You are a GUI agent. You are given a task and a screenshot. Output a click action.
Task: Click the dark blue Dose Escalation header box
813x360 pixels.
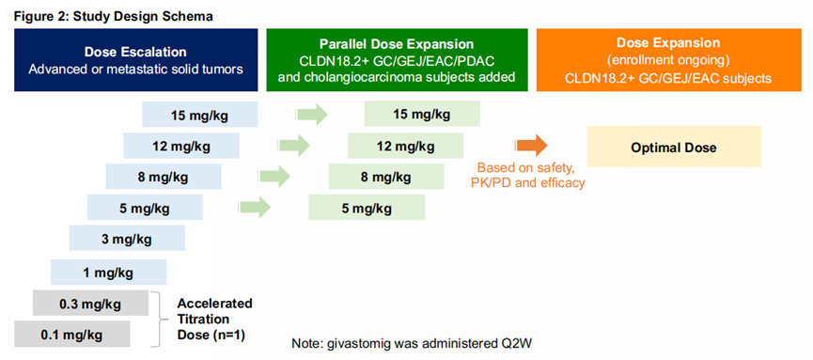click(x=136, y=59)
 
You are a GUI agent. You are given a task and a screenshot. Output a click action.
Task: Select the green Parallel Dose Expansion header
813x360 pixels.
click(x=397, y=59)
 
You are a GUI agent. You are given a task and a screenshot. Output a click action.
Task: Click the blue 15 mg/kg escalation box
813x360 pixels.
click(x=200, y=114)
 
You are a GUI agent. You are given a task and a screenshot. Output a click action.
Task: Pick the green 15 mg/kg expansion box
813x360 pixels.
click(x=422, y=114)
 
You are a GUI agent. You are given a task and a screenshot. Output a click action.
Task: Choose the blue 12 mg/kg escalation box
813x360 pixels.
click(x=181, y=146)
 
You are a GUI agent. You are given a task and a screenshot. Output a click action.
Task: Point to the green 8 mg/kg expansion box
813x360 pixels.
click(x=386, y=177)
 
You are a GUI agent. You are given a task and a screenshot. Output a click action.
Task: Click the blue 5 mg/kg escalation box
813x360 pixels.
click(x=145, y=208)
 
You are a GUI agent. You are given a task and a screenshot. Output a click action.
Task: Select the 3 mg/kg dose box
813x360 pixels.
click(x=127, y=239)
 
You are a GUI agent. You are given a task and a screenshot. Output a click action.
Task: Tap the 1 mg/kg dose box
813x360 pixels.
click(x=108, y=271)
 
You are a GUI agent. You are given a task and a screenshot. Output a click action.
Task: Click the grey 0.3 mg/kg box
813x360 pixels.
click(x=90, y=303)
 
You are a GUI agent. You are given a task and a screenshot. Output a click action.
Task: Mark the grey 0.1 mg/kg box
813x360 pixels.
click(x=71, y=335)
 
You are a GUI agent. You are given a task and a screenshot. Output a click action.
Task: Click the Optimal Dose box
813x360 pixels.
click(x=674, y=147)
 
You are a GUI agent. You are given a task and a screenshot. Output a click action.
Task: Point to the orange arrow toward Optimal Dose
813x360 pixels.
click(x=530, y=145)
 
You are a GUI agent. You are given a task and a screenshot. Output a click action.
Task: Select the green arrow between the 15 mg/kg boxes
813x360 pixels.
click(x=312, y=114)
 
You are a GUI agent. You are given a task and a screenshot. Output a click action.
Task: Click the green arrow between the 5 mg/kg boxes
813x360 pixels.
click(x=254, y=208)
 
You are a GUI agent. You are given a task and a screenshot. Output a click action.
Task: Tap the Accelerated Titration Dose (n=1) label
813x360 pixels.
click(x=214, y=319)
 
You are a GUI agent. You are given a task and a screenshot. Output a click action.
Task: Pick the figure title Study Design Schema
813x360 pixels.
click(x=143, y=16)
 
